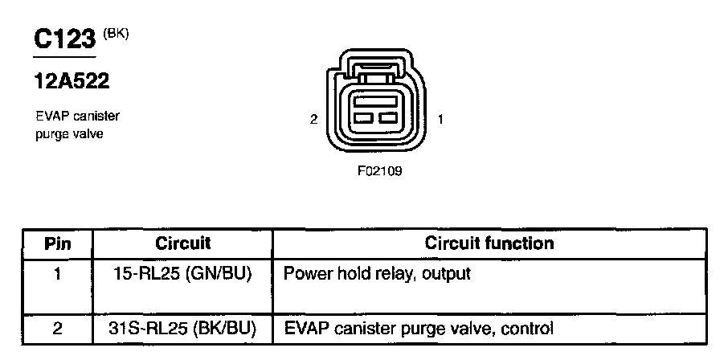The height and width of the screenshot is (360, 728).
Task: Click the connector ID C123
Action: [63, 40]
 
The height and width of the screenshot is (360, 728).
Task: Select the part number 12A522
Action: [72, 81]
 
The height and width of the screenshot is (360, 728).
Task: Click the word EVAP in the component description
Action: [51, 117]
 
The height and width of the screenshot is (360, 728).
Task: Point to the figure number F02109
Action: [379, 171]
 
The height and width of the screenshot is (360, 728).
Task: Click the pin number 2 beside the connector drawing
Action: [313, 120]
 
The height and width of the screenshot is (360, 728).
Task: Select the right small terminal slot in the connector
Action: [390, 119]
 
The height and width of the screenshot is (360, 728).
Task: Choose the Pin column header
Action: [57, 243]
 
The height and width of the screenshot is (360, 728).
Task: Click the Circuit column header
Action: [182, 243]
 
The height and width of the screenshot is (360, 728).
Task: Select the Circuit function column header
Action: [489, 243]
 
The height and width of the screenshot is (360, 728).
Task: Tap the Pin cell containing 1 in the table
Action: [57, 274]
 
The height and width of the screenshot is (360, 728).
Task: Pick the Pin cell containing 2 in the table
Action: [57, 328]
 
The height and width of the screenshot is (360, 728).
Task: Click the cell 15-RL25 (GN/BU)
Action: [182, 274]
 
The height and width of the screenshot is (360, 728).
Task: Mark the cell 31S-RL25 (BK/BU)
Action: [182, 328]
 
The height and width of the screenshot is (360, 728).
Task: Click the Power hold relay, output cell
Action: [377, 274]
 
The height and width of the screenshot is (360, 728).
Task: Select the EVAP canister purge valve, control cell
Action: [419, 328]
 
